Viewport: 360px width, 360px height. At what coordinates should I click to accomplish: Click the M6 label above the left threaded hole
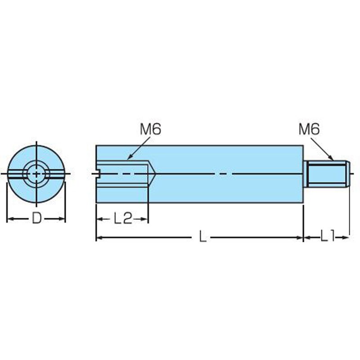[150, 129]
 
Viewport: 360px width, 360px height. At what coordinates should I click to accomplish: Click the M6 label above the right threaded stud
[309, 129]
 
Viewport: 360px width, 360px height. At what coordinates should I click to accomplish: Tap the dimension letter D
[36, 218]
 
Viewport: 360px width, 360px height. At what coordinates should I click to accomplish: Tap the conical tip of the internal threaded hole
[152, 174]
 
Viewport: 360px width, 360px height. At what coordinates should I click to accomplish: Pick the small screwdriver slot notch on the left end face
[98, 174]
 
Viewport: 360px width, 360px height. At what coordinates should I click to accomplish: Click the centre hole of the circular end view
[36, 174]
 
